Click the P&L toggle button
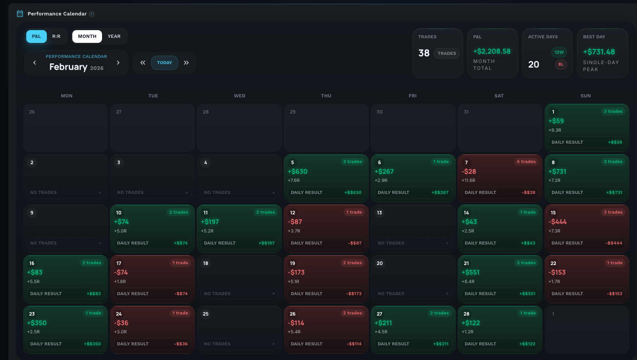(x=36, y=36)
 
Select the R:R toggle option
(x=56, y=36)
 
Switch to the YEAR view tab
(x=114, y=36)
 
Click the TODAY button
(x=164, y=63)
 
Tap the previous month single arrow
(x=35, y=63)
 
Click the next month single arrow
(x=118, y=63)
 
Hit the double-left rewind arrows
(x=143, y=63)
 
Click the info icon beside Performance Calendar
(x=92, y=14)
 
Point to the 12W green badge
(x=559, y=52)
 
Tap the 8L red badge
(x=560, y=64)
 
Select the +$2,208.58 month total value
(x=492, y=51)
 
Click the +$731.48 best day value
(x=599, y=52)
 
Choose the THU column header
(x=326, y=96)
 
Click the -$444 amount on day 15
(x=557, y=222)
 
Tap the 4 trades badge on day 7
(x=526, y=161)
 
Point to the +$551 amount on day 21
(x=470, y=272)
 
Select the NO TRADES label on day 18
(x=217, y=294)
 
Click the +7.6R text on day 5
(x=294, y=180)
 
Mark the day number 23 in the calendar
(x=32, y=314)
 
